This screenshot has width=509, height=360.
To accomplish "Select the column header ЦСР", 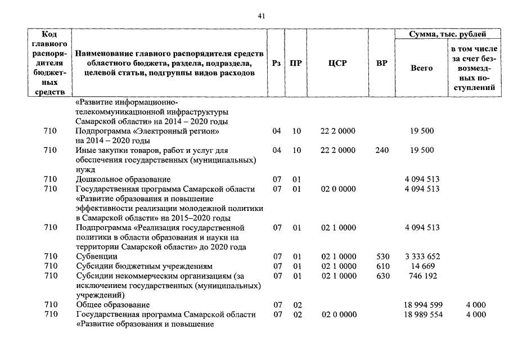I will (x=338, y=64).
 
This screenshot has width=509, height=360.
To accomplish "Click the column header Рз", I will (x=276, y=64).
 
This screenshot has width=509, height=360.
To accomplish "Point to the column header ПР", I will (x=295, y=64).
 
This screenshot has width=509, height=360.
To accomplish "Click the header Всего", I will (x=422, y=68).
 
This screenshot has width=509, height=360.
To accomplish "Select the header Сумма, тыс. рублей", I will (x=448, y=35).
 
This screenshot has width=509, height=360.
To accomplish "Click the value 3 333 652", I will (x=422, y=256).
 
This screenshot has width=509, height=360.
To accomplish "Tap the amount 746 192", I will (x=422, y=276).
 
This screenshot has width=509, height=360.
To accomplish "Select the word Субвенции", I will (x=96, y=256).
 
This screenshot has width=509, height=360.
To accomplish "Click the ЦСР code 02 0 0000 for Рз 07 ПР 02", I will (x=338, y=314).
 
